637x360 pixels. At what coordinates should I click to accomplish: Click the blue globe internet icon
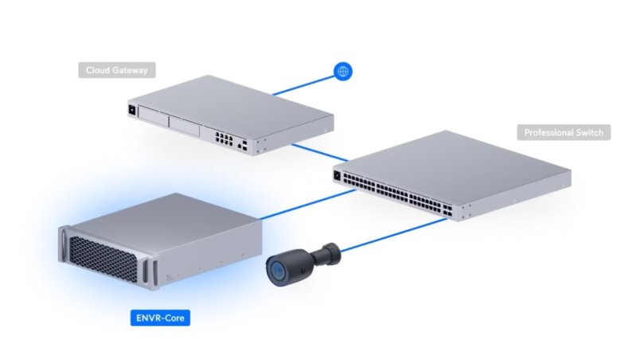(343, 72)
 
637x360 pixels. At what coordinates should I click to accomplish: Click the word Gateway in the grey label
(131, 70)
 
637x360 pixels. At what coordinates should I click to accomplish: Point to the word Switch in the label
(592, 132)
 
